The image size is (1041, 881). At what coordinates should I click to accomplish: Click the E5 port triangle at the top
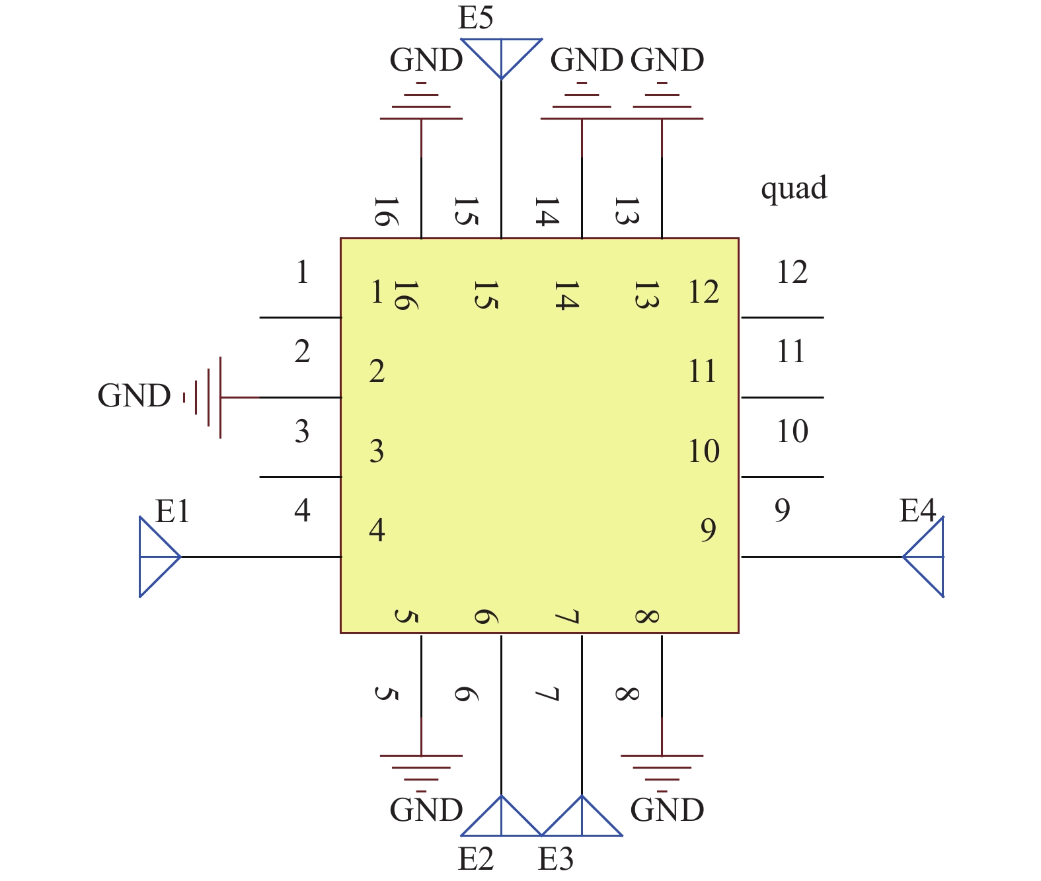pos(501,54)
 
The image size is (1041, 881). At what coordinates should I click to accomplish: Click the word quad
pos(794,189)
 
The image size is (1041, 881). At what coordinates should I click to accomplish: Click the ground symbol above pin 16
pos(421,103)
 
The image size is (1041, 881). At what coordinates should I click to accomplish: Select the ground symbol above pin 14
pos(582,103)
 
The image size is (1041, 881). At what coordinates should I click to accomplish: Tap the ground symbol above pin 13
pos(662,103)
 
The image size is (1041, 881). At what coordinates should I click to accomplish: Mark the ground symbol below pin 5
pos(421,771)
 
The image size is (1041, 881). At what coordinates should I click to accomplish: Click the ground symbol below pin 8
pos(662,771)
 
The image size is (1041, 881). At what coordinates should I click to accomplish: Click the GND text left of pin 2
pos(134,396)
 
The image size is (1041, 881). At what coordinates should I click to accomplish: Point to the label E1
pos(173,511)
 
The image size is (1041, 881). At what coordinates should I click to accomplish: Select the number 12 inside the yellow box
pos(703,291)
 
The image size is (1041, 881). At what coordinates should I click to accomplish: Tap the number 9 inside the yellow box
pos(708,530)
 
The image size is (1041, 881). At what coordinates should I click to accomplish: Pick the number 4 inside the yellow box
pos(377,530)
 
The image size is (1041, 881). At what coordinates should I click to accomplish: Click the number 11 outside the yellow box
pos(791,352)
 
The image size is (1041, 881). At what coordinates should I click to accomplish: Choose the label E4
pos(918,511)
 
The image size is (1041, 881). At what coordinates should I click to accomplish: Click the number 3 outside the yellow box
pos(302,432)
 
